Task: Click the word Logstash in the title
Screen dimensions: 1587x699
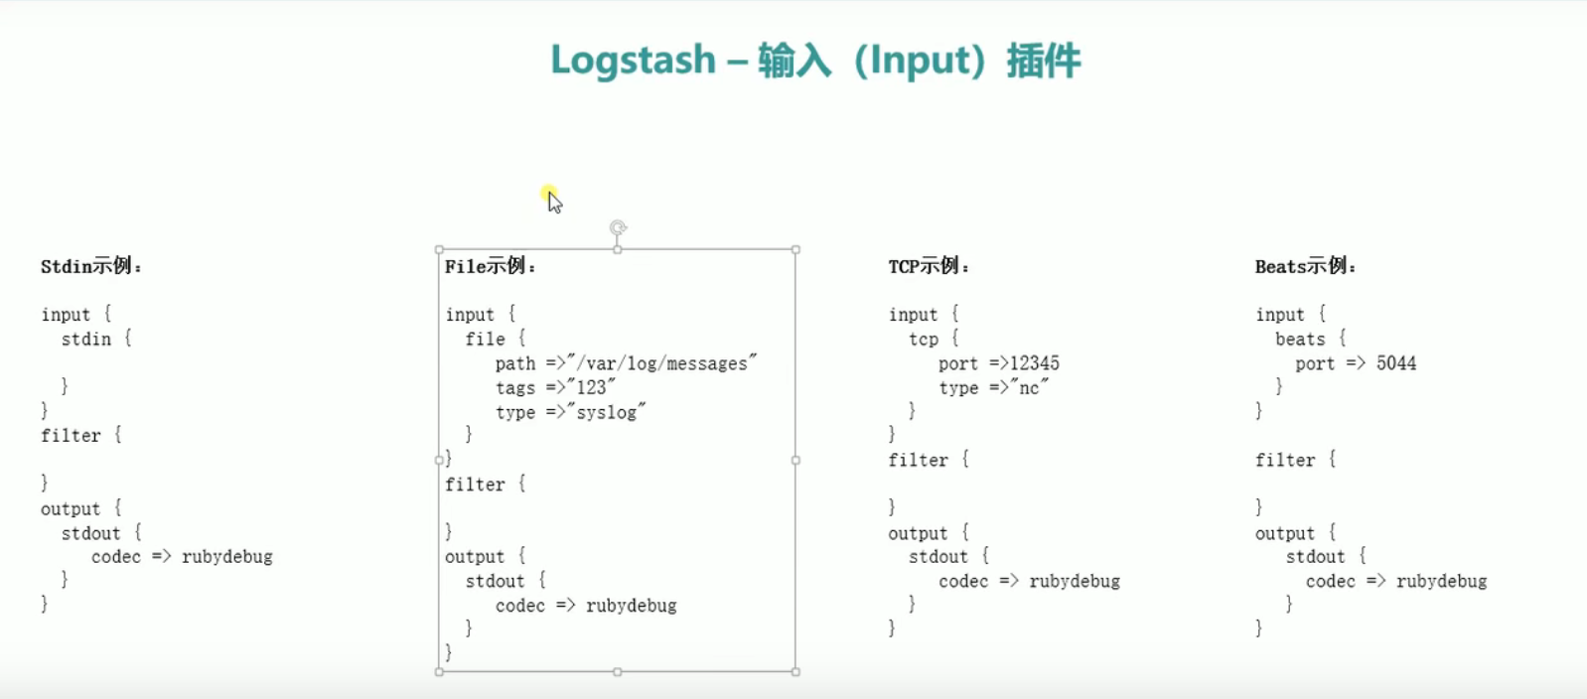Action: click(633, 61)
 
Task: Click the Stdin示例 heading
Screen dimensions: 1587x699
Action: click(90, 266)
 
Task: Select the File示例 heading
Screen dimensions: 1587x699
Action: click(490, 266)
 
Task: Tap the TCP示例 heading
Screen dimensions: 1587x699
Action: click(928, 266)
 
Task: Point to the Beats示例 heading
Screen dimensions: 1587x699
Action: click(1304, 266)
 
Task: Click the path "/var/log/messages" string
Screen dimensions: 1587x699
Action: click(661, 363)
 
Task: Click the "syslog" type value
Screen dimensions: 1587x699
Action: click(606, 412)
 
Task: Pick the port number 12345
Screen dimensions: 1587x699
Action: click(1035, 363)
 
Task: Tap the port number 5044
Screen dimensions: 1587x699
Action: click(1395, 363)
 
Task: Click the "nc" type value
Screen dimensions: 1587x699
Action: click(1029, 387)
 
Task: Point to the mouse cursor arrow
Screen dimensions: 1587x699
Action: click(553, 202)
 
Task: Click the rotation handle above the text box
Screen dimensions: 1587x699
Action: click(618, 228)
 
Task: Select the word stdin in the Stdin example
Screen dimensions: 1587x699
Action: click(86, 340)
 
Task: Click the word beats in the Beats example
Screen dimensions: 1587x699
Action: click(1300, 340)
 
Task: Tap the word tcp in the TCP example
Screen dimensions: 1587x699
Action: click(924, 340)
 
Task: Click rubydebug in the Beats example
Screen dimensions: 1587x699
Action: click(1441, 582)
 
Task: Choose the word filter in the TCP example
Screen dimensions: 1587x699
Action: click(918, 461)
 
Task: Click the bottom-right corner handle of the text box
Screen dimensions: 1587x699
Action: click(795, 672)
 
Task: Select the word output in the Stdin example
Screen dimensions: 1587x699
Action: click(71, 509)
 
